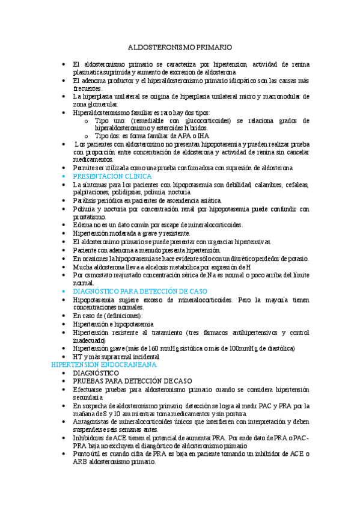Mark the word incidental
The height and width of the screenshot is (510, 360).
pos(150,356)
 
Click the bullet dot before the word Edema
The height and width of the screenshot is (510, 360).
pos(66,225)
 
